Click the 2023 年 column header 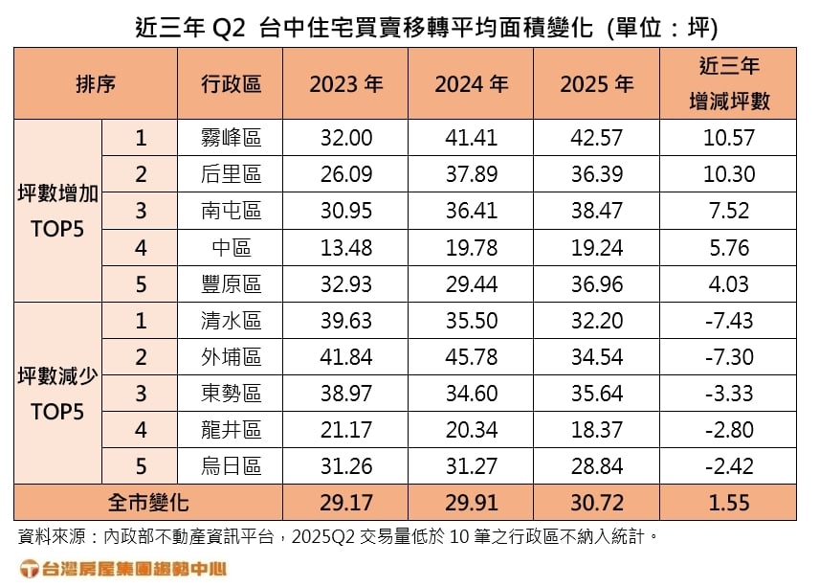[345, 83]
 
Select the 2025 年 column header [596, 83]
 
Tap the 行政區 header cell [231, 83]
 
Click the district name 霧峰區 [231, 138]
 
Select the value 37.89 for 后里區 [471, 174]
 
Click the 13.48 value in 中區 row [345, 247]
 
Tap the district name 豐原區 [231, 284]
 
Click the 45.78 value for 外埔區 [471, 357]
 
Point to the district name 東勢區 [231, 394]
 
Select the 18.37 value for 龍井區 [596, 430]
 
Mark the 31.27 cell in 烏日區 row [471, 466]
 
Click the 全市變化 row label [148, 502]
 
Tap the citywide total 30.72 [596, 502]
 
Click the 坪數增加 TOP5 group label [58, 211]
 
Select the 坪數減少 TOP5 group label [58, 394]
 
